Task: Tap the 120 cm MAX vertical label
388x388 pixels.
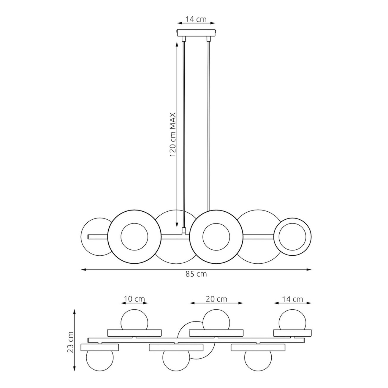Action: coord(172,134)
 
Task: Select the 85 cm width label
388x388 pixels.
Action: coord(196,274)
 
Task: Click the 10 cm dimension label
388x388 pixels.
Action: coord(134,305)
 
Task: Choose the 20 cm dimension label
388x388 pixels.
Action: coord(216,305)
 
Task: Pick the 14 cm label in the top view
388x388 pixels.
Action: coord(292,305)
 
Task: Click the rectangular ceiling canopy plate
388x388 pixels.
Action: coord(197,33)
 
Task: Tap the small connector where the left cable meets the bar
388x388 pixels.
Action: coord(183,231)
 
